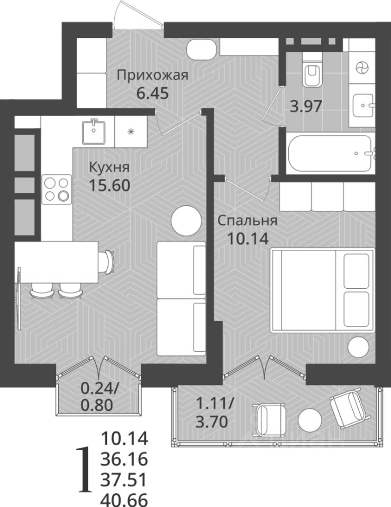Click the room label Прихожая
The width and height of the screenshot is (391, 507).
[152, 76]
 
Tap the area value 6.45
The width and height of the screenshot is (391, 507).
[152, 93]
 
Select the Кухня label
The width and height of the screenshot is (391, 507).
[109, 168]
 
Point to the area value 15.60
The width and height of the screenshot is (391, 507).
[110, 185]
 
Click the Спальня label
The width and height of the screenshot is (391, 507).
[248, 221]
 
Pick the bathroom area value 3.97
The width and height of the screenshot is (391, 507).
[306, 106]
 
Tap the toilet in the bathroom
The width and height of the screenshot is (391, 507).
[312, 74]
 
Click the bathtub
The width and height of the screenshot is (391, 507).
[330, 154]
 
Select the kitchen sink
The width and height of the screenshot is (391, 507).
[94, 132]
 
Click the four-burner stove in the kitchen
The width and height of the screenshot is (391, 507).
[57, 189]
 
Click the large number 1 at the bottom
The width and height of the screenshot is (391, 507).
[85, 475]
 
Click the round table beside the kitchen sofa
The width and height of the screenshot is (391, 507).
[186, 221]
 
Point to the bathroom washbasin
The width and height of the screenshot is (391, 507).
[364, 106]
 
